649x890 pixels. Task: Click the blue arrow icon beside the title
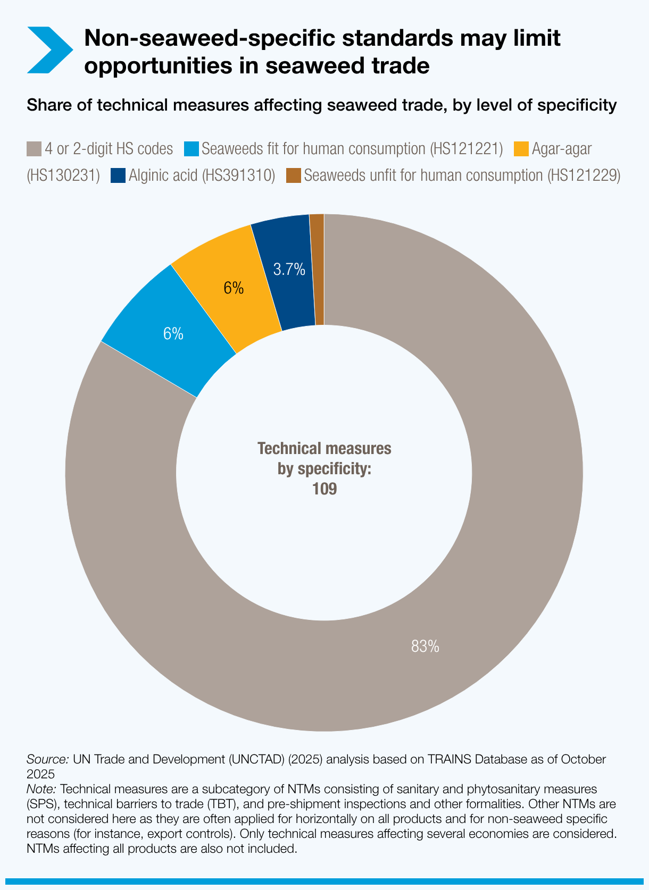49,50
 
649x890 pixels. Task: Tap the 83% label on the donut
425,646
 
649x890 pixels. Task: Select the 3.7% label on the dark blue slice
289,270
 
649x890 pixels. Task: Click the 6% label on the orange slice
234,288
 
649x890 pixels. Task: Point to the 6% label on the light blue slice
173,333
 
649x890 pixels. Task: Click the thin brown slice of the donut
318,270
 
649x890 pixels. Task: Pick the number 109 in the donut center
324,489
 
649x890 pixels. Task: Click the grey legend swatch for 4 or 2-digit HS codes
34,149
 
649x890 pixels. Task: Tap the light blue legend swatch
192,149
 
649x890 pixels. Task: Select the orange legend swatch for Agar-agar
521,149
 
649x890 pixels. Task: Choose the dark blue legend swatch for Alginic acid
118,175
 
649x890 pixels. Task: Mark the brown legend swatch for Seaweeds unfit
294,175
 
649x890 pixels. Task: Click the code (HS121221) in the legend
466,149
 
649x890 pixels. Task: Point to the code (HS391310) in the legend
239,175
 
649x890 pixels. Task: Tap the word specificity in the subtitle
577,105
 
